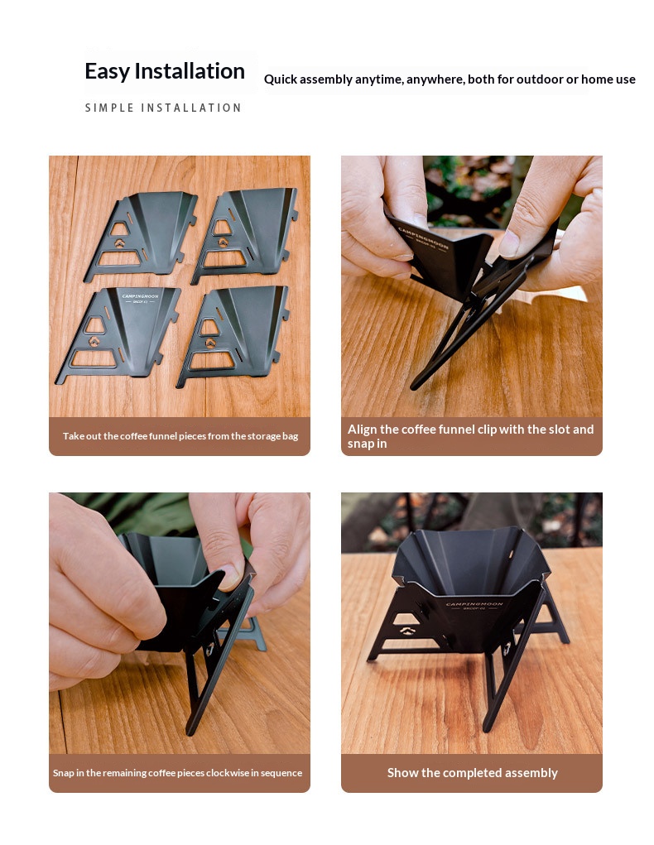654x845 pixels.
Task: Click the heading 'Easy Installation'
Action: click(x=165, y=72)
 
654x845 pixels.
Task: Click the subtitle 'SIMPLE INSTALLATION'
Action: click(x=163, y=108)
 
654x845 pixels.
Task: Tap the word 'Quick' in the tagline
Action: click(x=281, y=79)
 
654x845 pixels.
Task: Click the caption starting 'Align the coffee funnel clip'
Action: click(x=470, y=436)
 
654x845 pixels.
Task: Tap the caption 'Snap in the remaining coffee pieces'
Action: click(x=177, y=773)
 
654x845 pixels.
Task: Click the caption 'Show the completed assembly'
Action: click(x=473, y=773)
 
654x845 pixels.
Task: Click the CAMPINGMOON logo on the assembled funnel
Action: click(x=474, y=605)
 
